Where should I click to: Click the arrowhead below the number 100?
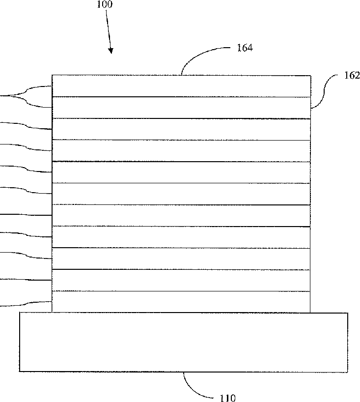(111, 50)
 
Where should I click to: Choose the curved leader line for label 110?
(196, 386)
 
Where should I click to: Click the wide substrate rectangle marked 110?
(183, 342)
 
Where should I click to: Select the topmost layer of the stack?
(181, 86)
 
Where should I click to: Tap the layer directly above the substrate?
(181, 301)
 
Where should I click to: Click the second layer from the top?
(181, 108)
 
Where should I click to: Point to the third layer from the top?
(181, 129)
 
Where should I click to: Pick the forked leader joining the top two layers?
(25, 96)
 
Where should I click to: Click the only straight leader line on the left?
(25, 215)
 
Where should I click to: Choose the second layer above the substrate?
(181, 280)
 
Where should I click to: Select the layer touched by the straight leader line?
(181, 215)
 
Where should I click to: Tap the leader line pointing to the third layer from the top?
(25, 125)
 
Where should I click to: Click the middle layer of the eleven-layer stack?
(181, 194)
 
